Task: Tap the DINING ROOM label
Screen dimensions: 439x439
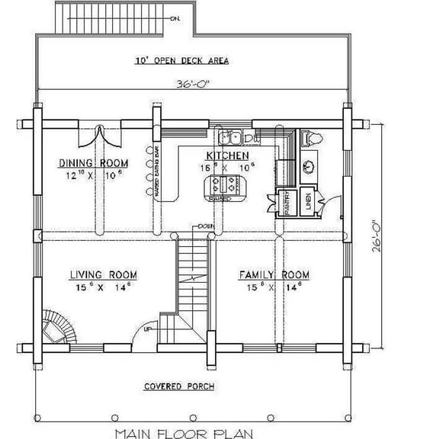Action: (94, 163)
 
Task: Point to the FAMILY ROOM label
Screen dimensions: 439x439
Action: (274, 274)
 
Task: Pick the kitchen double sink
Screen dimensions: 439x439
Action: (232, 138)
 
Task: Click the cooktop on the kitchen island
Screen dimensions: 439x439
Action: (226, 184)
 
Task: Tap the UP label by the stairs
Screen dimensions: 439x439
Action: (148, 329)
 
